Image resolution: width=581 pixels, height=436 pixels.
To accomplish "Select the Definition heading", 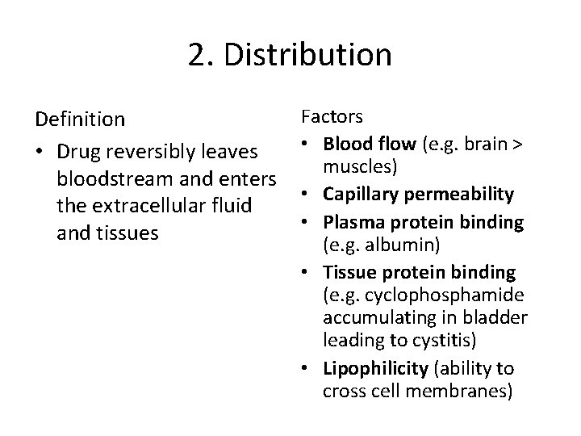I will click(x=80, y=119).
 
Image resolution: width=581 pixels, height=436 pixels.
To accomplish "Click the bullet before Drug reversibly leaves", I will click(x=40, y=152).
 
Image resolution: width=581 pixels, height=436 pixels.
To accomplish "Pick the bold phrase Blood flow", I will click(x=368, y=144).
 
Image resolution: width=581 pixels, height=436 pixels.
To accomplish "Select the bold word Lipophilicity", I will click(x=374, y=368).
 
